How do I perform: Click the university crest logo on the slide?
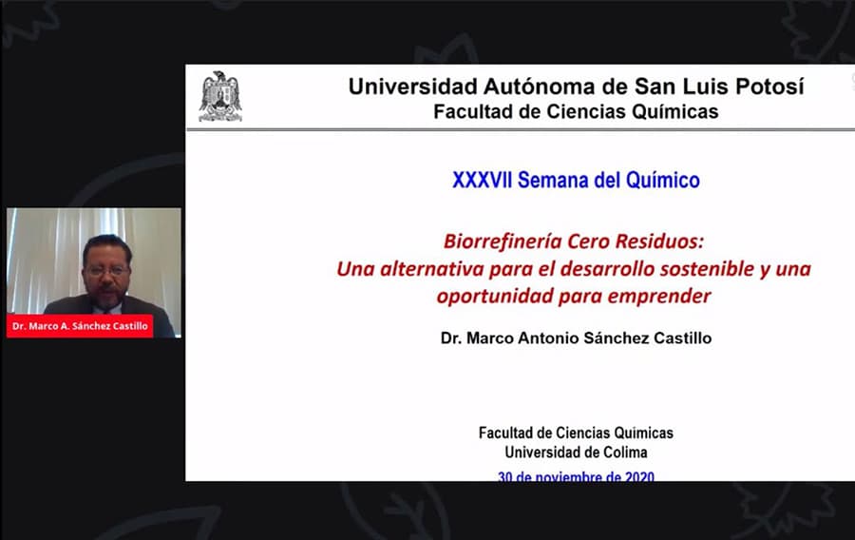click(x=220, y=96)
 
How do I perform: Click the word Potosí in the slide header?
click(x=769, y=87)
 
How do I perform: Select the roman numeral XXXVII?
click(x=482, y=180)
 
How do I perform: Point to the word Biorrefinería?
click(x=503, y=241)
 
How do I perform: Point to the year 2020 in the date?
click(x=639, y=477)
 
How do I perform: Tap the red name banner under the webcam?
click(x=80, y=326)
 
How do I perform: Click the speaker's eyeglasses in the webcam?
click(x=107, y=270)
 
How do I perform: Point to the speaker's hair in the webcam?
click(x=106, y=245)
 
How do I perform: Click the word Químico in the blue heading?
click(x=662, y=180)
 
